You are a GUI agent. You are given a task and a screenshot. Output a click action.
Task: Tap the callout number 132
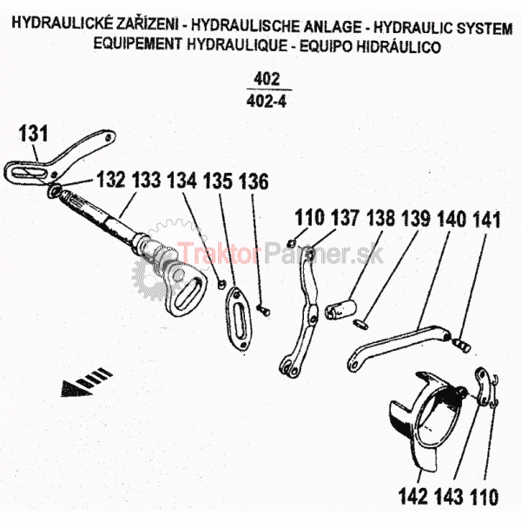click(111, 181)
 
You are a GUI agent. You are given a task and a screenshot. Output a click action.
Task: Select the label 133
click(147, 181)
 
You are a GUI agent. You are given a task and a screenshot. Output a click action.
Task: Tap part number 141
click(487, 217)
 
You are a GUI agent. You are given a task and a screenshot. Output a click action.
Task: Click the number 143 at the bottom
click(450, 498)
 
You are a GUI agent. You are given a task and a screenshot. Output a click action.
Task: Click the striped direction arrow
click(86, 383)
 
